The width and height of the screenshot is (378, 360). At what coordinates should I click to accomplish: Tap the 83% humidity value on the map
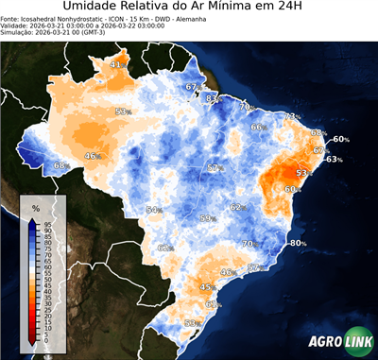click(214, 98)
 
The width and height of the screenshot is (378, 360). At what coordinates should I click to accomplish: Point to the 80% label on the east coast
click(299, 243)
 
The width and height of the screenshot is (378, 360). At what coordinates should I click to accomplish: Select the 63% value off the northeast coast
click(334, 159)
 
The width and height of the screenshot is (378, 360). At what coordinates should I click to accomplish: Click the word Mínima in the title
click(231, 9)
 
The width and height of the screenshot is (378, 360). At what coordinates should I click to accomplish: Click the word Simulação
click(17, 33)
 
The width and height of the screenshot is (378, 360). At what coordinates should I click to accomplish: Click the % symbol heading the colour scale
click(35, 207)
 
